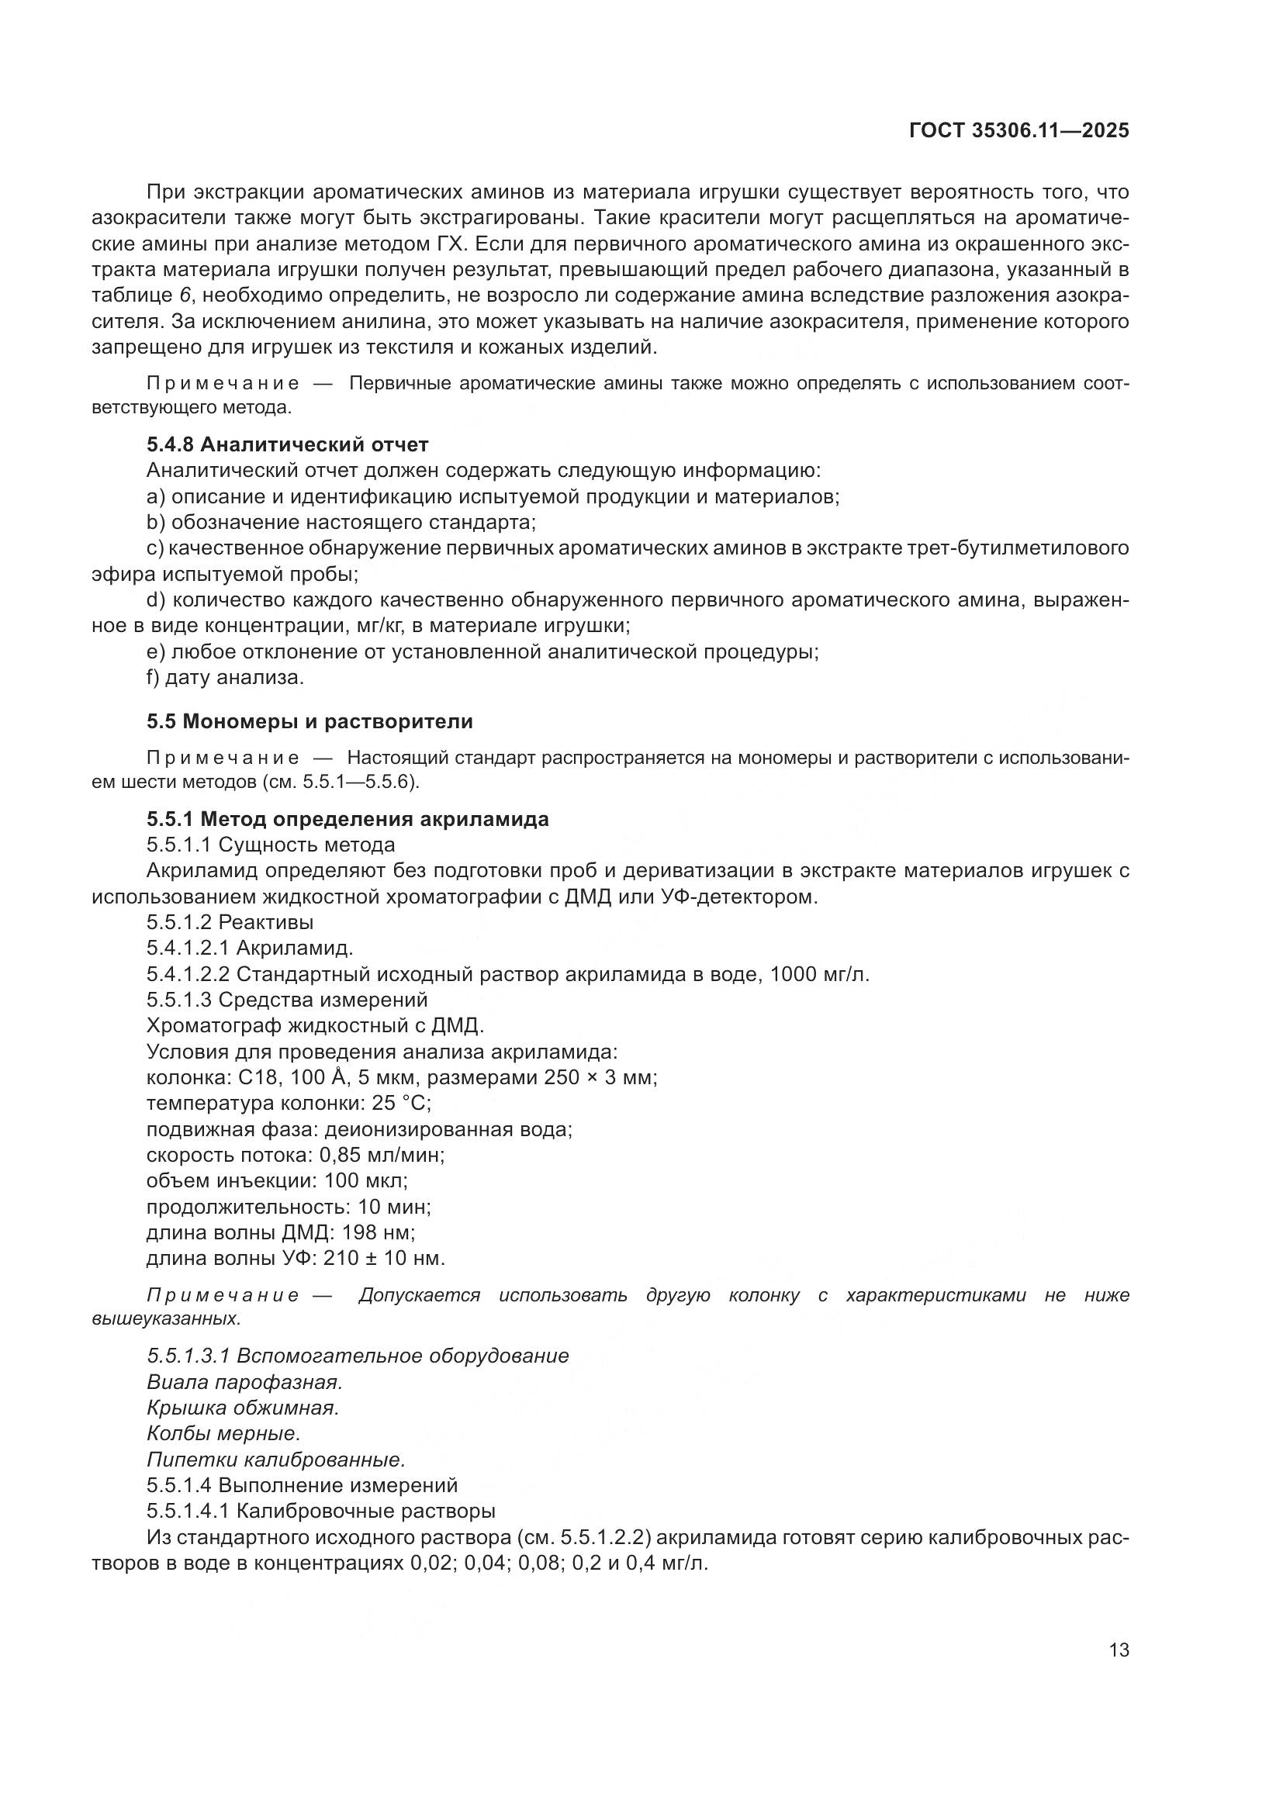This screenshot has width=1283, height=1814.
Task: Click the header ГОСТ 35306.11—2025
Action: [x=1018, y=131]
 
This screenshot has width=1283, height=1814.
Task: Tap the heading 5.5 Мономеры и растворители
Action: [x=310, y=721]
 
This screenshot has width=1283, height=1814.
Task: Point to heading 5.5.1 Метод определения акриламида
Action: [x=348, y=819]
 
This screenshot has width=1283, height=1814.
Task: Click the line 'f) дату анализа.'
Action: [x=225, y=677]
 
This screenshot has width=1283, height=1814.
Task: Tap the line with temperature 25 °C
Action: [x=289, y=1103]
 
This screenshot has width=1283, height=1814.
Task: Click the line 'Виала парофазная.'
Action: [x=244, y=1382]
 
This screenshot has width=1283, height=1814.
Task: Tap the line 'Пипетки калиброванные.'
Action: [x=275, y=1460]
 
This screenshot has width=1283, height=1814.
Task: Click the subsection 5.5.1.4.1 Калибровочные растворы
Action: [x=321, y=1512]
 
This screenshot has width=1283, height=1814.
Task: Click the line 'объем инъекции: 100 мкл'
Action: [x=277, y=1181]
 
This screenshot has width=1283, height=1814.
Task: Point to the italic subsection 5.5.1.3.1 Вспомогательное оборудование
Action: [x=357, y=1356]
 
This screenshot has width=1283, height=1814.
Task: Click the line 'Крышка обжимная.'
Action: [x=243, y=1408]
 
